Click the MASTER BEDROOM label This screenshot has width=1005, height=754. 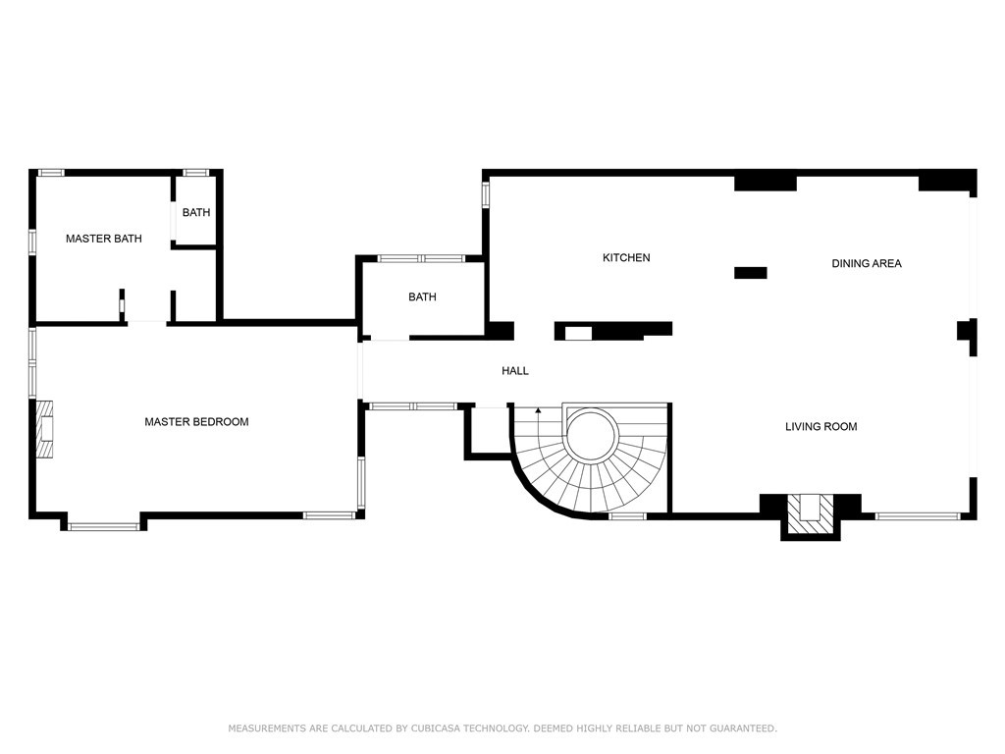pyautogui.click(x=196, y=422)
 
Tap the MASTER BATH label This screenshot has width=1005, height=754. pyautogui.click(x=103, y=239)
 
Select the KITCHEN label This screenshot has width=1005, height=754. pyautogui.click(x=626, y=258)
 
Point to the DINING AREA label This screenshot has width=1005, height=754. pyautogui.click(x=866, y=263)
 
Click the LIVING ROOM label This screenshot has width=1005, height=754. pyautogui.click(x=820, y=426)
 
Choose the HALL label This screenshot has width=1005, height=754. pyautogui.click(x=515, y=371)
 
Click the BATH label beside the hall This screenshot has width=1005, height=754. pyautogui.click(x=422, y=297)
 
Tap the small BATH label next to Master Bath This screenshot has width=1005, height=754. pyautogui.click(x=195, y=212)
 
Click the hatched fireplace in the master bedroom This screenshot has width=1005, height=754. pyautogui.click(x=46, y=429)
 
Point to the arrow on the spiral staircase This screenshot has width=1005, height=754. pyautogui.click(x=538, y=410)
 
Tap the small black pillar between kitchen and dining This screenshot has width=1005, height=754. pyautogui.click(x=750, y=273)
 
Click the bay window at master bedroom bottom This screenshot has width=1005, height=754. pyautogui.click(x=104, y=526)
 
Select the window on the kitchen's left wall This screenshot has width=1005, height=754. pyautogui.click(x=485, y=193)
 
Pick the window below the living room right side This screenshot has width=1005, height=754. pyautogui.click(x=917, y=514)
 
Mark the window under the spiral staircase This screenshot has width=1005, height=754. pyautogui.click(x=627, y=515)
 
